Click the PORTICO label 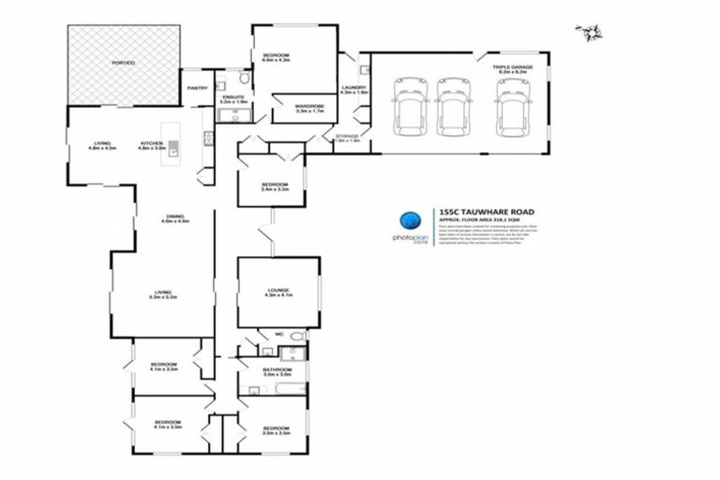pyautogui.click(x=125, y=63)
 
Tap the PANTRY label pyautogui.click(x=197, y=88)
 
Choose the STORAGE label pyautogui.click(x=347, y=139)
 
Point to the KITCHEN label pyautogui.click(x=153, y=144)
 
